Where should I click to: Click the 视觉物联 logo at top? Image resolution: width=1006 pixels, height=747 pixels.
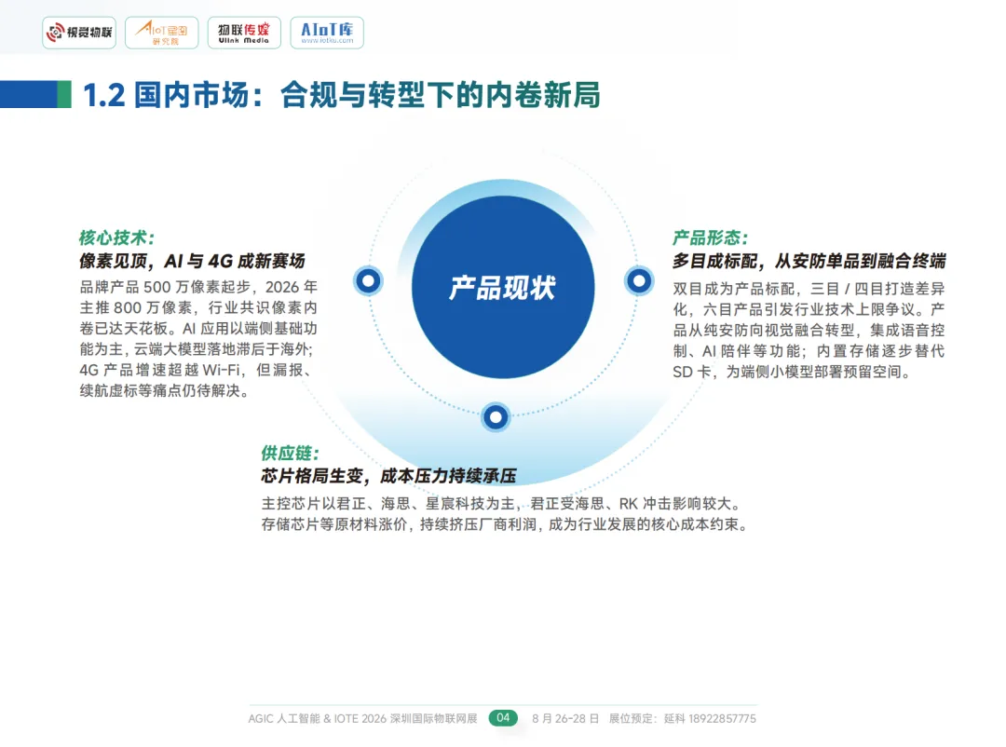pos(79,33)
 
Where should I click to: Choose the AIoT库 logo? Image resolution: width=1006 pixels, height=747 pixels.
pos(327,33)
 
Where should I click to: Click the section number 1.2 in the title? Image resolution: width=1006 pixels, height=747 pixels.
pos(103,94)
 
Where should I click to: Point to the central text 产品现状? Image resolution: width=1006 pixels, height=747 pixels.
pos(502,287)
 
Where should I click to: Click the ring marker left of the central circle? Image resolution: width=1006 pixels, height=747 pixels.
pos(368,279)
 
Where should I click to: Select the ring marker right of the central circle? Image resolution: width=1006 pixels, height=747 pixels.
pos(638,279)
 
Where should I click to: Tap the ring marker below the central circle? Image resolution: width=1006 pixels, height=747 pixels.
pos(496,416)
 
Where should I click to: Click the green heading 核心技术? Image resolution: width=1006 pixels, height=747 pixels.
pos(116,238)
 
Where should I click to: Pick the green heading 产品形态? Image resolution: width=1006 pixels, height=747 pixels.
pos(710,238)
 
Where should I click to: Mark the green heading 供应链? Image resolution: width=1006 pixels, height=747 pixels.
pos(290,454)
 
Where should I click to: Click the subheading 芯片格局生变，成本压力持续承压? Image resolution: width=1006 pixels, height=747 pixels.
pos(388,477)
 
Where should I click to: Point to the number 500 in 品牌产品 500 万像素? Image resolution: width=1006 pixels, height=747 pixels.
pos(156,286)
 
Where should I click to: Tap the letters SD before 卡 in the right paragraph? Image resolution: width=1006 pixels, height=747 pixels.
pos(683,372)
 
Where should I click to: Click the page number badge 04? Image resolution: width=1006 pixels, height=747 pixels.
pos(503,718)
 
